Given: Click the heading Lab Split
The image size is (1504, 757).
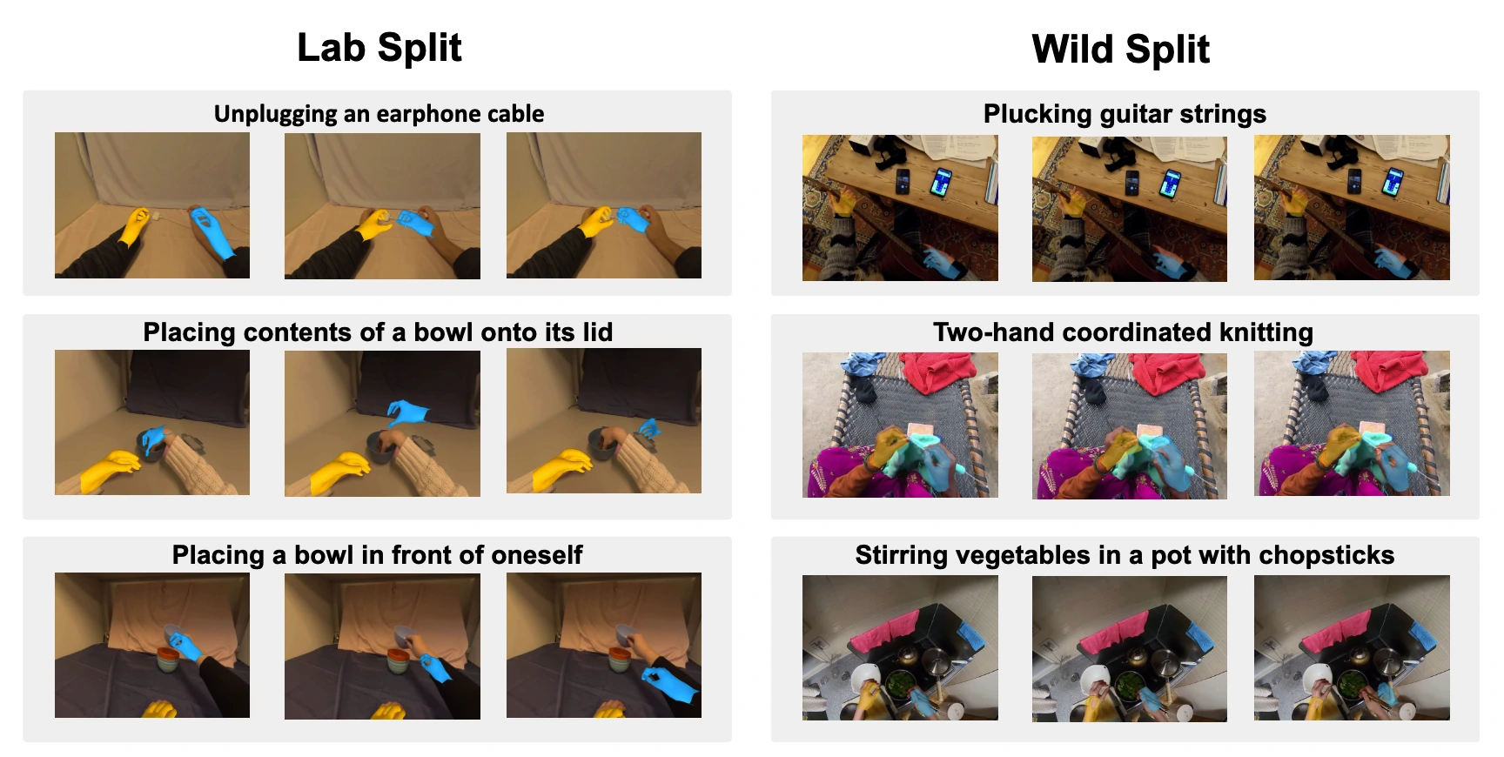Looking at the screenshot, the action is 379,48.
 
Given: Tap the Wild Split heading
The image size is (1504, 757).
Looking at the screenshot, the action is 1121,49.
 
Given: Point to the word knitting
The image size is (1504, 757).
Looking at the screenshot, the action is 1266,332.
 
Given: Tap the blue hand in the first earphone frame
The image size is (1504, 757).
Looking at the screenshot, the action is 211,230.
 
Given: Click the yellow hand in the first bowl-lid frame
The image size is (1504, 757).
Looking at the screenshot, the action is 110,469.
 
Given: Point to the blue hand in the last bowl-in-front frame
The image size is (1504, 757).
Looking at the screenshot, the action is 669,685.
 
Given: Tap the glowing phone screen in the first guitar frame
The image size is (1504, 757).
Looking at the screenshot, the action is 940,183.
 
